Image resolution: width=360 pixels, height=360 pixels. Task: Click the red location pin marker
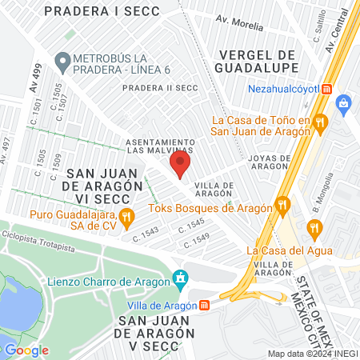click(180, 164)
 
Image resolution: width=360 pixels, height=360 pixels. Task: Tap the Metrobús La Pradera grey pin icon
click(62, 60)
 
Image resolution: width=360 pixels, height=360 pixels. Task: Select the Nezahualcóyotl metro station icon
click(326, 90)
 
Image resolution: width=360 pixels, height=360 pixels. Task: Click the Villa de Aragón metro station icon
click(205, 305)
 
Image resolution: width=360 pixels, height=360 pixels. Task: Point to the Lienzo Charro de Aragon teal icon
click(182, 280)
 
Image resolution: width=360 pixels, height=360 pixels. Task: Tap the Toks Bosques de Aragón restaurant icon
click(282, 206)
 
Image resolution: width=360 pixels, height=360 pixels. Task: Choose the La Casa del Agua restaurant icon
click(313, 229)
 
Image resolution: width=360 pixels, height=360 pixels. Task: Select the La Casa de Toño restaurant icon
click(319, 122)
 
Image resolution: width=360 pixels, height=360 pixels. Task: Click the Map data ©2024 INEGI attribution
click(310, 353)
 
